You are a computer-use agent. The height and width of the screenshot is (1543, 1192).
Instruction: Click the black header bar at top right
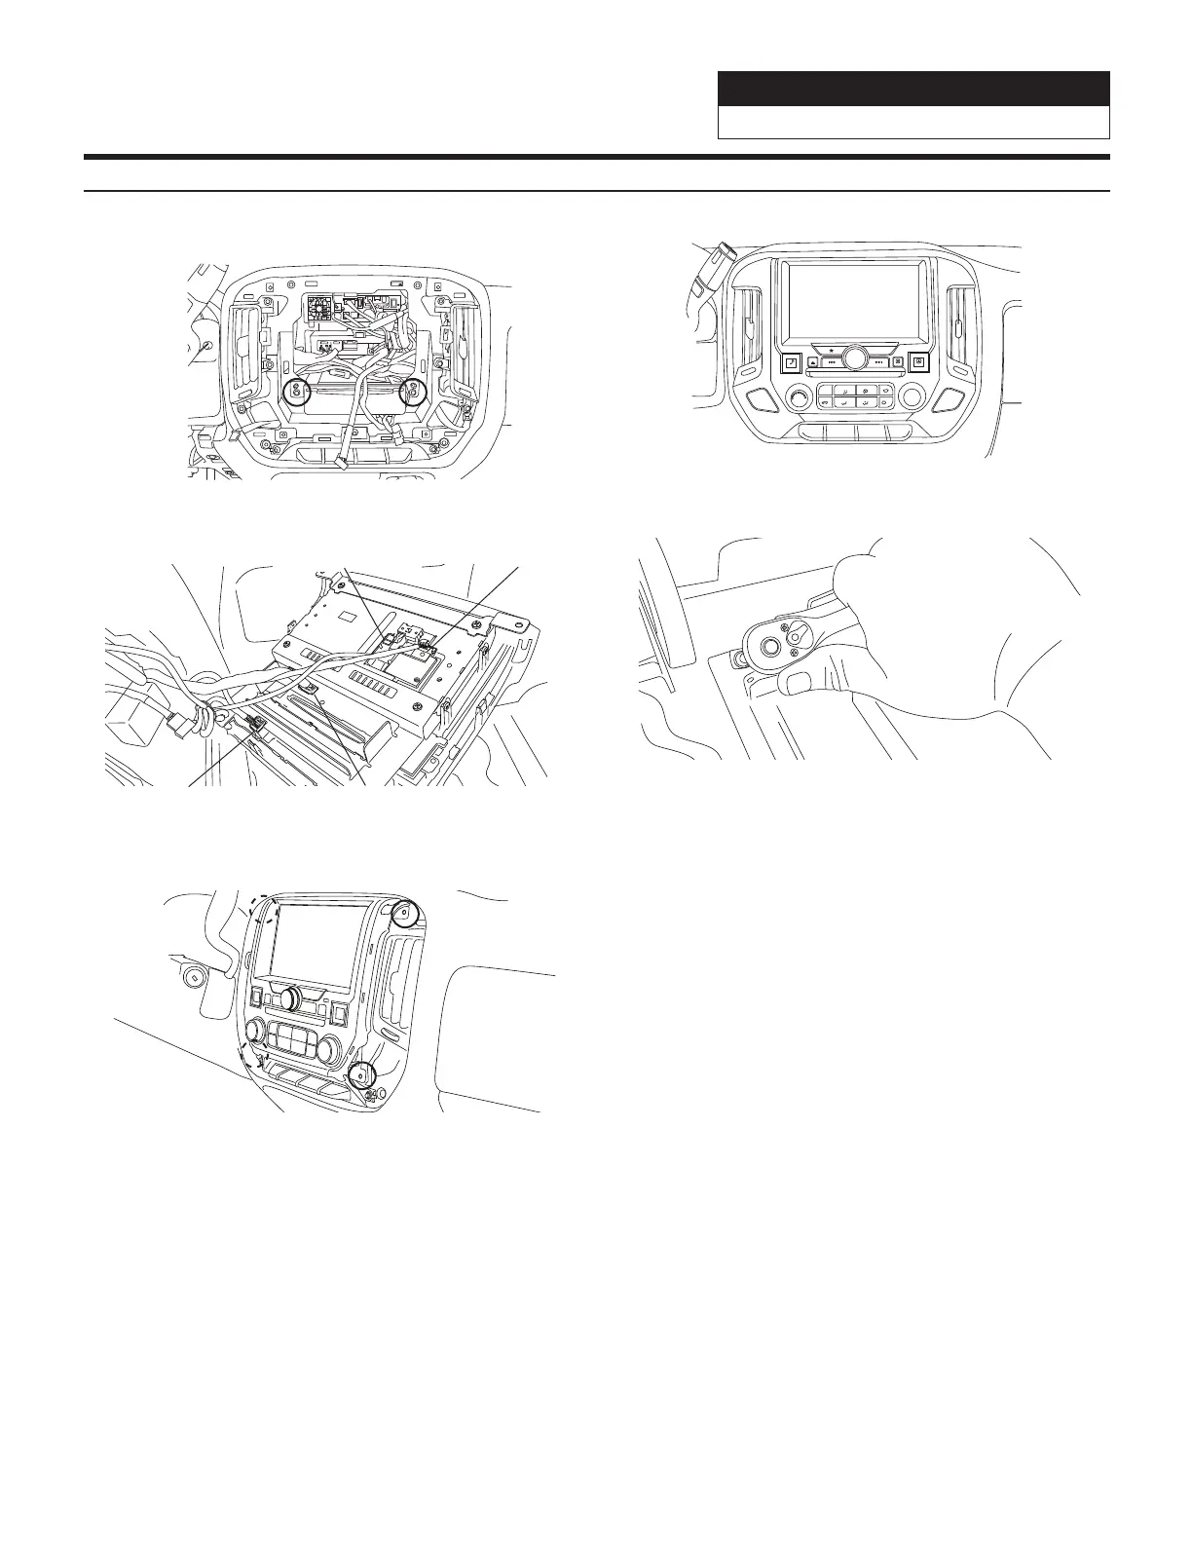[x=913, y=89]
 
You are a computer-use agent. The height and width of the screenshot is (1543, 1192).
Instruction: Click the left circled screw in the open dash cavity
[x=297, y=393]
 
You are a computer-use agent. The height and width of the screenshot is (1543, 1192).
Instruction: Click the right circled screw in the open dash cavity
[x=414, y=393]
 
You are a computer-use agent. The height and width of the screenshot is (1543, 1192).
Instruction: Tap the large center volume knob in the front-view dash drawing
[x=855, y=358]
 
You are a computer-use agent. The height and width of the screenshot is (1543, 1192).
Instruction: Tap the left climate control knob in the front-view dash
[x=800, y=397]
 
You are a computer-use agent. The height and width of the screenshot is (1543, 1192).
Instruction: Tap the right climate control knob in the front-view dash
[x=913, y=395]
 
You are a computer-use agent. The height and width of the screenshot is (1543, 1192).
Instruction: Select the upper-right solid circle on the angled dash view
[x=402, y=913]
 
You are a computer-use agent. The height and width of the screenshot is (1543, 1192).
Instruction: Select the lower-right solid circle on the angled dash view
[x=362, y=1075]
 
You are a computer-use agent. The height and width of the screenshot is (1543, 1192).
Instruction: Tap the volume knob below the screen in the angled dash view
[x=289, y=997]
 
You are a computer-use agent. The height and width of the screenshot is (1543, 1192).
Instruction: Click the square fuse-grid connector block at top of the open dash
[x=319, y=310]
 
